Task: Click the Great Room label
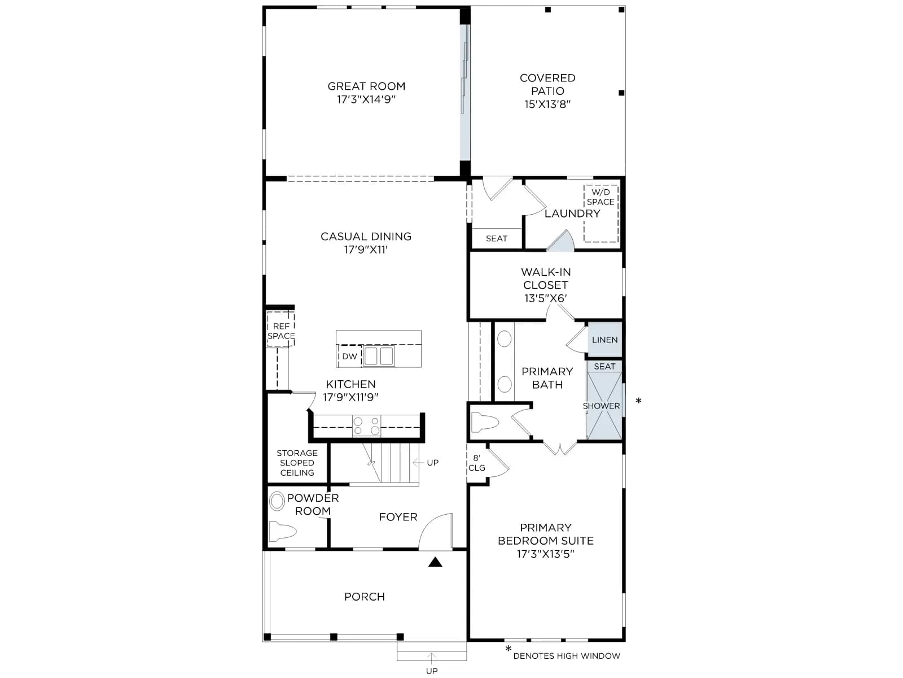pos(366,86)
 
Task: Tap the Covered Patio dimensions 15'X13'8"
pos(547,104)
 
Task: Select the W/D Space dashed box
pos(600,213)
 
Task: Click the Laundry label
pos(572,213)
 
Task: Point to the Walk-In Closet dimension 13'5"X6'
pos(546,298)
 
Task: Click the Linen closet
pos(604,340)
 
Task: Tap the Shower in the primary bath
pos(604,406)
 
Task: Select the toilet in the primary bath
pos(485,423)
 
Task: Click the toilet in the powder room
pos(282,531)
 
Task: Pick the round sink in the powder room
pos(277,501)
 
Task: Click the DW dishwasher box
pos(350,356)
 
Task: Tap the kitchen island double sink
pos(379,356)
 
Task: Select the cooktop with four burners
pos(366,425)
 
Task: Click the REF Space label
pos(281,331)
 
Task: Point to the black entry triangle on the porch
pos(435,562)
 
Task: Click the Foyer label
pos(398,516)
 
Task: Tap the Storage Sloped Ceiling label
pos(297,463)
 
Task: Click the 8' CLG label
pos(477,463)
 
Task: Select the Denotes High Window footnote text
pos(567,656)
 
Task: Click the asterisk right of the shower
pos(638,400)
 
